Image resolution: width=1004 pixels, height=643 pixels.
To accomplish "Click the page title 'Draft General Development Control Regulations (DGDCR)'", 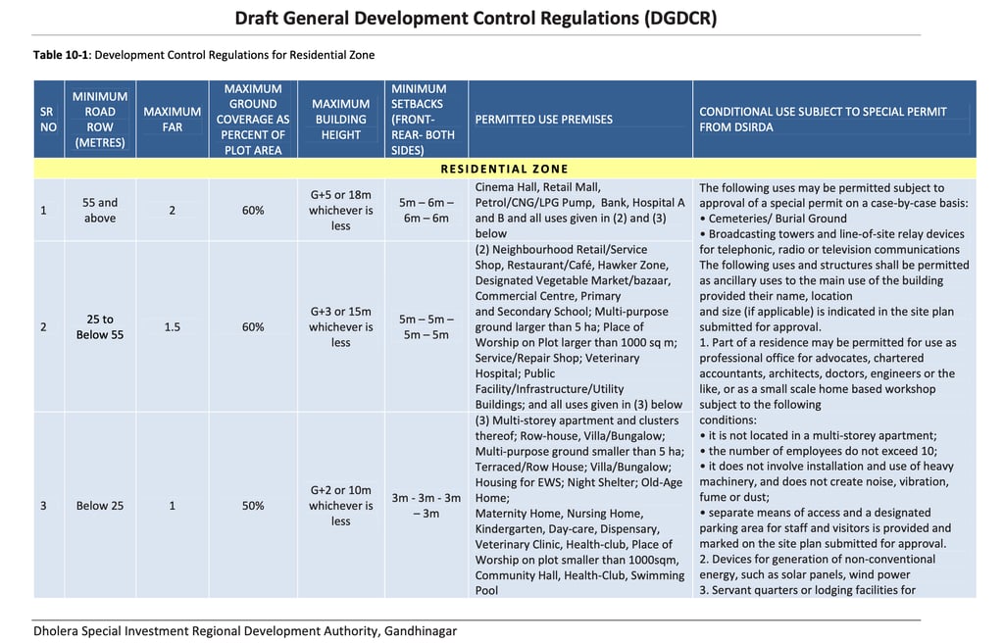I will [x=476, y=18].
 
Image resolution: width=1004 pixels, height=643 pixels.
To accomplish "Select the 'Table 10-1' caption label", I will [x=60, y=55].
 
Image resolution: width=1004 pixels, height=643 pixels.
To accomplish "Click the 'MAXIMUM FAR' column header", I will [x=172, y=120].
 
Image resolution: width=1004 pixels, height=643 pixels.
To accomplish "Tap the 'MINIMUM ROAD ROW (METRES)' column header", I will [x=99, y=120].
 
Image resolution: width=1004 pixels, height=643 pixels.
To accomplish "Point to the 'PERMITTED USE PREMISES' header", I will [x=543, y=120].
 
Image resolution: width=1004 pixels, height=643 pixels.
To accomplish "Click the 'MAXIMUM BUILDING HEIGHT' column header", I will [x=340, y=120].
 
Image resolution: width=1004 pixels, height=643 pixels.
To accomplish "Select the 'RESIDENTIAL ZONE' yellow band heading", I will [x=504, y=170].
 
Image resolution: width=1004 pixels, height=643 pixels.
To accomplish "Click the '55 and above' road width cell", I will [x=99, y=211].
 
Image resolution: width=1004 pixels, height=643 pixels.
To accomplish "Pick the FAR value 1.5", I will [x=172, y=327].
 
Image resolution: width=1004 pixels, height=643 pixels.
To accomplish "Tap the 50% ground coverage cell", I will [x=253, y=506].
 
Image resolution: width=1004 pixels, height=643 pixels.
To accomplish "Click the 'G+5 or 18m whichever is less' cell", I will [x=340, y=211].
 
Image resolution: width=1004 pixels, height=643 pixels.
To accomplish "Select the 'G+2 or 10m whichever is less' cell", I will [x=340, y=506].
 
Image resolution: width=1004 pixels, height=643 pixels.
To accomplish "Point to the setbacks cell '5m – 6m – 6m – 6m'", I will [x=426, y=211].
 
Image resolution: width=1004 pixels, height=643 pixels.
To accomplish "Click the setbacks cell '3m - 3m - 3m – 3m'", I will [x=426, y=506].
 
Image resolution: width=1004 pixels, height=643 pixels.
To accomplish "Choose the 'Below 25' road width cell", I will [x=99, y=506].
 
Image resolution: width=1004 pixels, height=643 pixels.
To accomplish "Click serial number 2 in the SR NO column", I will [x=43, y=327].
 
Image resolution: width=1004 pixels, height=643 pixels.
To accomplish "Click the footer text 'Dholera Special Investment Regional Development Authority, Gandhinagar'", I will [x=244, y=630].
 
